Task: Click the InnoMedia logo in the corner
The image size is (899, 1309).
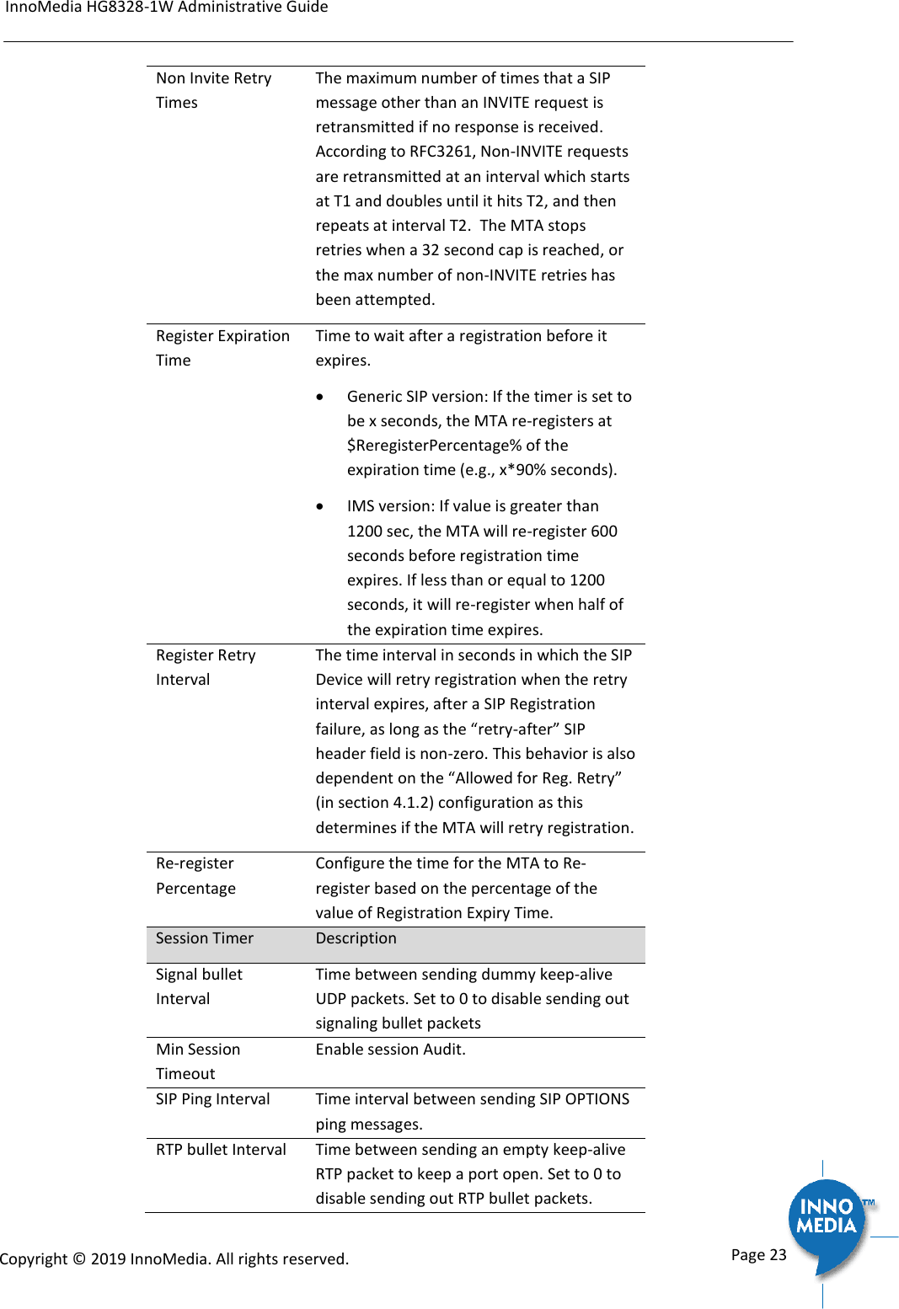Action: [827, 1217]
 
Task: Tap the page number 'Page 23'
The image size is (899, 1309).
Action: [758, 1254]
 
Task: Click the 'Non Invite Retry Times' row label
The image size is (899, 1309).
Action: [213, 90]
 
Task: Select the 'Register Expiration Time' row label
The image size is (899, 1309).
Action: [222, 348]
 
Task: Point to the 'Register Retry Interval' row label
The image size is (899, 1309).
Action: [206, 667]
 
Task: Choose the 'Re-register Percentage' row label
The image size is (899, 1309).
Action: [195, 876]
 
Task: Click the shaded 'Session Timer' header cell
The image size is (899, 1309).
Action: [205, 938]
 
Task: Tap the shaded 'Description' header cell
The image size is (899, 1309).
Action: [356, 938]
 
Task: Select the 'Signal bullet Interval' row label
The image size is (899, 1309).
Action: [199, 986]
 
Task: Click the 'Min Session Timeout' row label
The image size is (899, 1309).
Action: [198, 1061]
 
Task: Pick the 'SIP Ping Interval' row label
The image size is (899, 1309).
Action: [212, 1099]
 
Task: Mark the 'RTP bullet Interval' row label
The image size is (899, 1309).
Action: [221, 1150]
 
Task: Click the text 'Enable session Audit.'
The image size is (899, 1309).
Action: [390, 1050]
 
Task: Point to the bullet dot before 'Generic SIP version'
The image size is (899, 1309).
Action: [320, 397]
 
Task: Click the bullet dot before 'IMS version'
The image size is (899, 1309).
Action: [320, 507]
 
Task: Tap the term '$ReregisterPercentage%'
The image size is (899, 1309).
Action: [434, 446]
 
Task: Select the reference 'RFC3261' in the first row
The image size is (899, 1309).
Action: [441, 152]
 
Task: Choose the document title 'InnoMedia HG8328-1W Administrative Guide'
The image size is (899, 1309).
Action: [167, 8]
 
